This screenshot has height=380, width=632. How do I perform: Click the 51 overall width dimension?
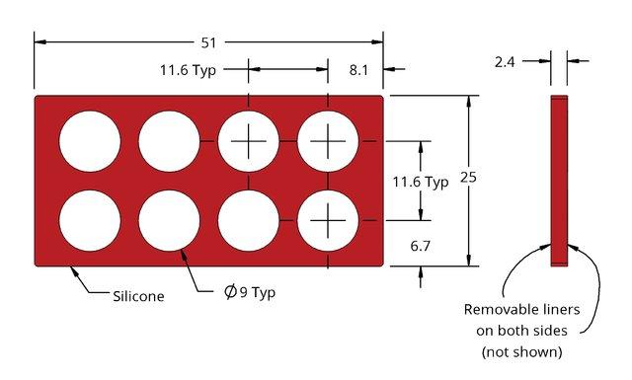coord(208,42)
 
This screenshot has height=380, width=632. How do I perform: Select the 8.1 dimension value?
coord(358,70)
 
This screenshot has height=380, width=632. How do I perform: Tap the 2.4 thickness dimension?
coord(505,62)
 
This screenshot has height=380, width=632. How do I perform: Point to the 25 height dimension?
coord(468,177)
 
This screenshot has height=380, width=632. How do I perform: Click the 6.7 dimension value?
coord(420,246)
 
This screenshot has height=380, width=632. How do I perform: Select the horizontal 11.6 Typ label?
coord(188,70)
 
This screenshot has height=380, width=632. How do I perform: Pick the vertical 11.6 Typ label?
coord(421,183)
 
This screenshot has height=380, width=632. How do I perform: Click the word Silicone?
coord(138,296)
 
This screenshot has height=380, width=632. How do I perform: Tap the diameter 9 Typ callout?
coord(250,292)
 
